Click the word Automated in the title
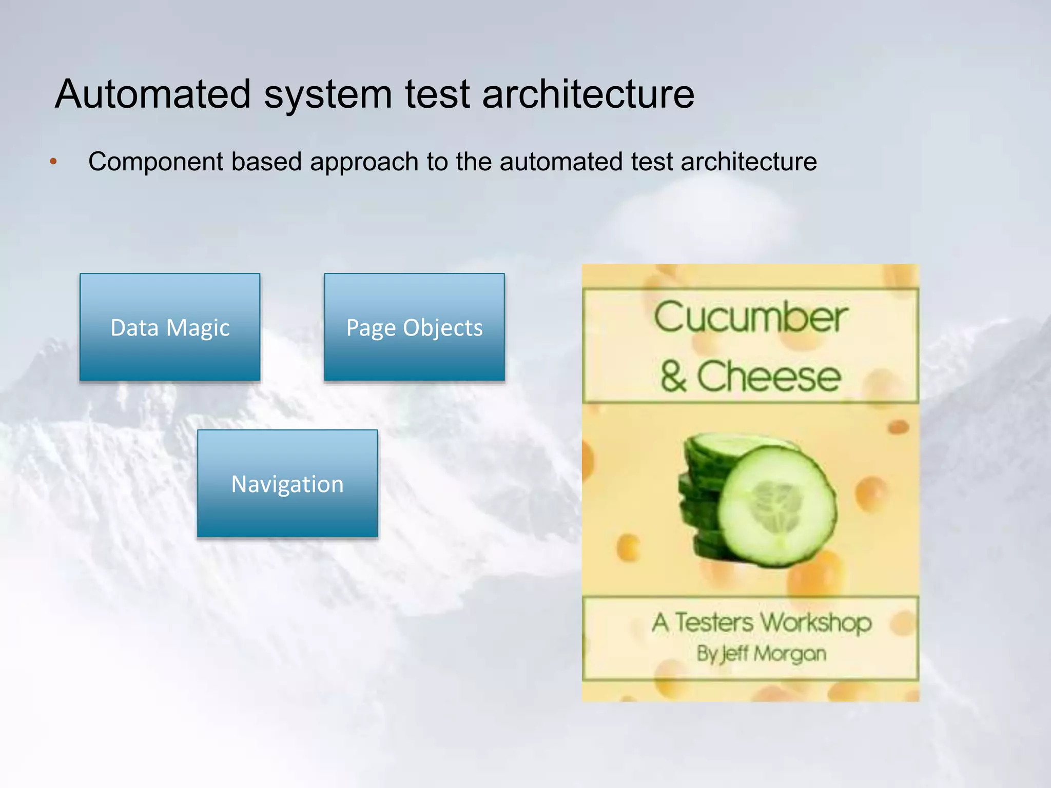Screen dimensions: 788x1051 [153, 94]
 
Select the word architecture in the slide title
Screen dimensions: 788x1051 [588, 94]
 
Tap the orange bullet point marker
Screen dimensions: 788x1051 [53, 163]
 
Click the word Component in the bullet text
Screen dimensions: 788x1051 [154, 162]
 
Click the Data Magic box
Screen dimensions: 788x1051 [170, 327]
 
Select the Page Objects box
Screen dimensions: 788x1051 [414, 327]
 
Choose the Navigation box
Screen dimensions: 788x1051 [287, 484]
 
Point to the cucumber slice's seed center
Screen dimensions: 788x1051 [776, 505]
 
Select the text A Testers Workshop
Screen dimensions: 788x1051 [762, 623]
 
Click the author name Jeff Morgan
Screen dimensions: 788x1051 [774, 654]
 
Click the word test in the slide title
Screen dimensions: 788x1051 [437, 94]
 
